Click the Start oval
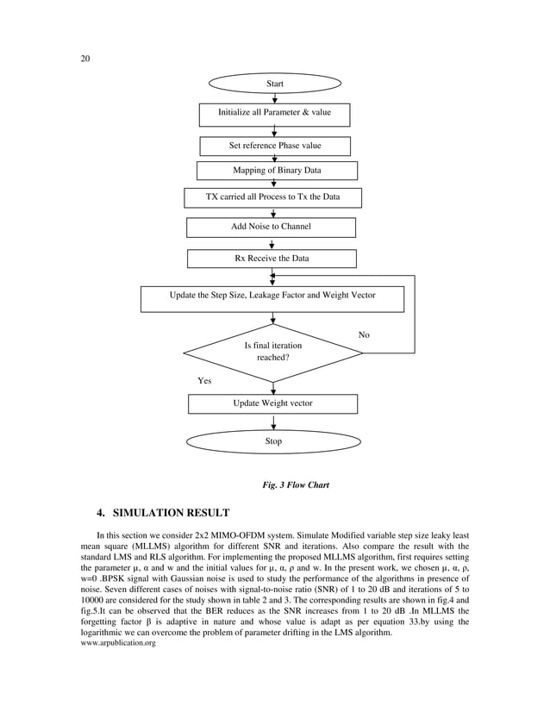(274, 84)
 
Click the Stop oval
(273, 441)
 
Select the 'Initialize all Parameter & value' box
(274, 113)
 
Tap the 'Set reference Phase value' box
(274, 146)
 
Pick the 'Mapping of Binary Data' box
(277, 170)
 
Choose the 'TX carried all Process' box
(272, 197)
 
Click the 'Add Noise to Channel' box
(271, 227)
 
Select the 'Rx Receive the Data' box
(272, 258)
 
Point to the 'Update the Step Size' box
(272, 296)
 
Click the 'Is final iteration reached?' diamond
(273, 351)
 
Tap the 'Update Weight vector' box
(272, 403)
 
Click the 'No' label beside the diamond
(364, 334)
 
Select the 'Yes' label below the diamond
(204, 379)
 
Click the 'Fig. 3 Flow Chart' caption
(296, 484)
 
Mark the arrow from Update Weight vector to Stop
(273, 422)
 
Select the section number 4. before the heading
(102, 514)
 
